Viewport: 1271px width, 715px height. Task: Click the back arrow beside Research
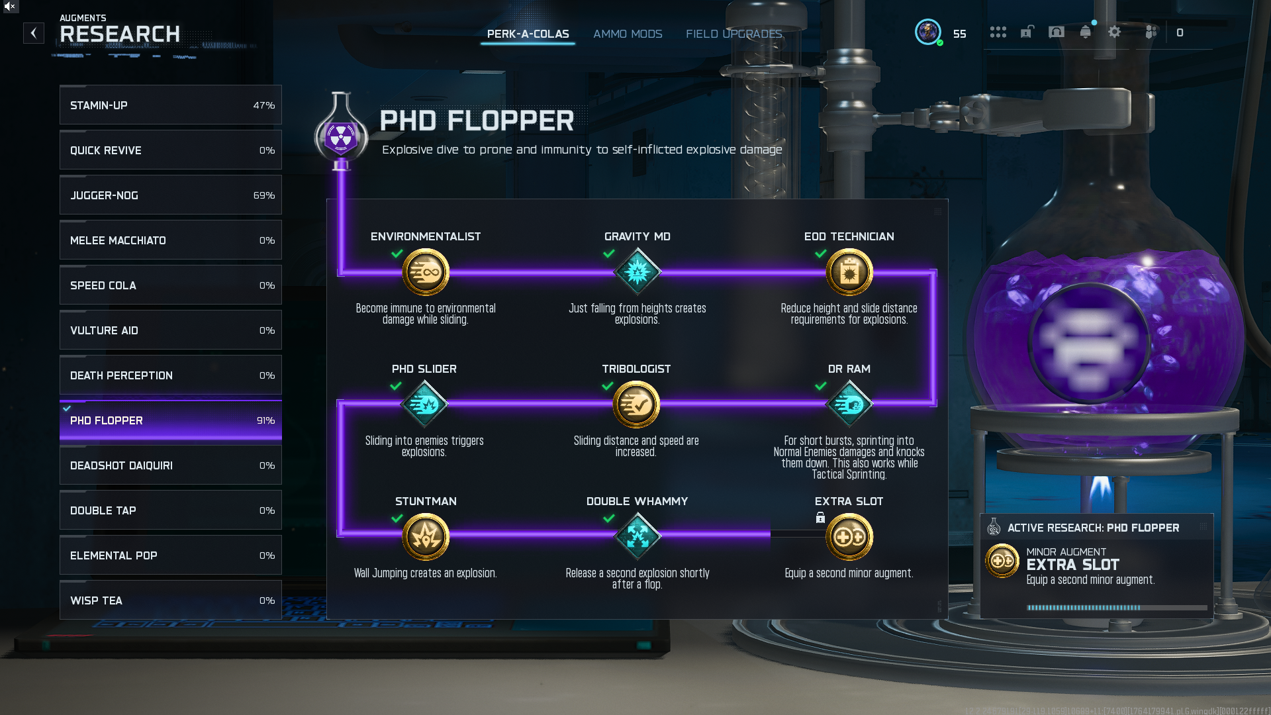34,33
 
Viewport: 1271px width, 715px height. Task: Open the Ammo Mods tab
628,34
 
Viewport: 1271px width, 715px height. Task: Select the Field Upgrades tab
734,34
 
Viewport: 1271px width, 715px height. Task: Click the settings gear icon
1115,32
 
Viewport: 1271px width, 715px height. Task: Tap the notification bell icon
1085,32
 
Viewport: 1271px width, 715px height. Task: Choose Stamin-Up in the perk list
170,105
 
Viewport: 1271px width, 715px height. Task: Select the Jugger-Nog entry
170,195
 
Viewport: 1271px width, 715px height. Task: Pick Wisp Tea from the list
170,600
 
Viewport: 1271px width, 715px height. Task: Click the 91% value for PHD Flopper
265,420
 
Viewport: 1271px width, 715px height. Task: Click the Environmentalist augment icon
426,272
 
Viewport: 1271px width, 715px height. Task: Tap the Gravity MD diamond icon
637,272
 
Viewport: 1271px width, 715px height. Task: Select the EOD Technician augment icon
849,272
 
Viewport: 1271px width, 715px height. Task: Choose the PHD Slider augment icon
424,405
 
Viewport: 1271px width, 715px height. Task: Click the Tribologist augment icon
636,405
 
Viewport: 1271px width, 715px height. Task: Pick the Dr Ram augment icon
849,405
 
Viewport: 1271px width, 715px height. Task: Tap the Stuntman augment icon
426,537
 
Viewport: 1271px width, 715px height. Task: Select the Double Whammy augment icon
637,537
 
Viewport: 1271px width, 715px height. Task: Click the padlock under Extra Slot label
820,518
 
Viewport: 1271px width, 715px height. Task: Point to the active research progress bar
1116,607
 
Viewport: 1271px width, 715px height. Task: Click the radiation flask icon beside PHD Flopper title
341,136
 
